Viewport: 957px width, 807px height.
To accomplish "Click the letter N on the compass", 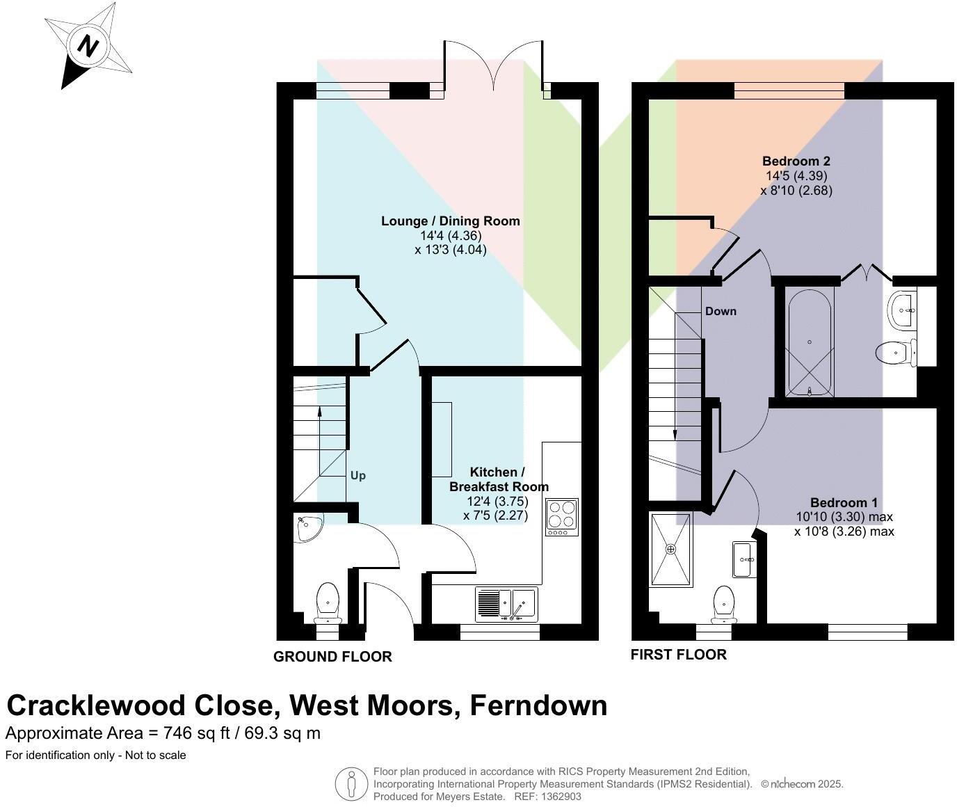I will tap(88, 47).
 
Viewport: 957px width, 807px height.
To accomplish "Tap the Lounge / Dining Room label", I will tap(450, 221).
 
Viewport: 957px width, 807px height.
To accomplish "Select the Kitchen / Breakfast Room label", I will tap(498, 479).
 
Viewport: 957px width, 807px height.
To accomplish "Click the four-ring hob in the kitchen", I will tap(562, 517).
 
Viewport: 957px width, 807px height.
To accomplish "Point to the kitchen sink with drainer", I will tap(506, 604).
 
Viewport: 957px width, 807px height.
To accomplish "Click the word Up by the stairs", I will tap(357, 476).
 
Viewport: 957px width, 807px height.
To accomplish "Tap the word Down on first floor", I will tap(720, 311).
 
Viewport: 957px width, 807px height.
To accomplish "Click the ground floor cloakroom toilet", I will tap(328, 602).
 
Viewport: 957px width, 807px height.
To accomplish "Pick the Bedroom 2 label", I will tap(796, 161).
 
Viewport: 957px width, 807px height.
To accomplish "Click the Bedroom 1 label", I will tap(844, 502).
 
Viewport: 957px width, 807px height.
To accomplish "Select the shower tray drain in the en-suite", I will tap(670, 550).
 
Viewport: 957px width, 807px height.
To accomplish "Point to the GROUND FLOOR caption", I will tap(332, 657).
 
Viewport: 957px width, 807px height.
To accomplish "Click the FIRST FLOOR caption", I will tap(678, 655).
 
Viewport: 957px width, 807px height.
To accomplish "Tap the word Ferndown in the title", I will tap(538, 705).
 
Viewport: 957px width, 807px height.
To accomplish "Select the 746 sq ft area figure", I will tap(197, 733).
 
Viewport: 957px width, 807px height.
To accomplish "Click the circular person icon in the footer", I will tap(351, 784).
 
